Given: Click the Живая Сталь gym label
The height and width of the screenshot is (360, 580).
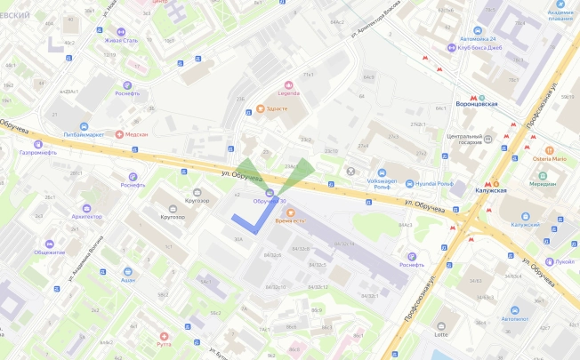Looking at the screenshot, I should (122, 64).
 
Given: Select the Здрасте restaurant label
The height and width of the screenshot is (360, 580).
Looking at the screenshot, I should (278, 108).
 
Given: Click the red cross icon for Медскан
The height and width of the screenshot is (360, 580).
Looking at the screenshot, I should (119, 133).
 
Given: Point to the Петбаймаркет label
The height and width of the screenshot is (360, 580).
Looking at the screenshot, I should (84, 133).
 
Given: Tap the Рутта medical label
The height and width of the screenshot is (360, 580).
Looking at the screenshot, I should (164, 341).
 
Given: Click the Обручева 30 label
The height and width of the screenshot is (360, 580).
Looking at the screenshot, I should (270, 201).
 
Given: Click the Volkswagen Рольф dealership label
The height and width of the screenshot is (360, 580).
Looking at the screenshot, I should (380, 184).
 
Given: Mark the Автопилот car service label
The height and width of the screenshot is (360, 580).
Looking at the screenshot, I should (514, 317).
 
